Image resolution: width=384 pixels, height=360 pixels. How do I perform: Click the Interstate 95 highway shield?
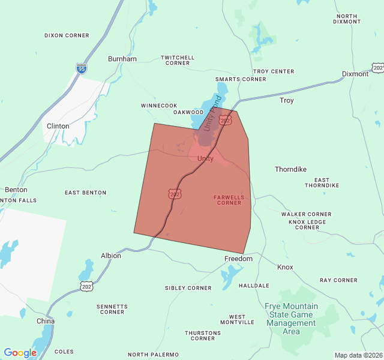click(81, 68)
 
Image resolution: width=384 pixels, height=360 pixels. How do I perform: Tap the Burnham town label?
click(122, 59)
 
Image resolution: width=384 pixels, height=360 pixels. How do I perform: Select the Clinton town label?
click(58, 126)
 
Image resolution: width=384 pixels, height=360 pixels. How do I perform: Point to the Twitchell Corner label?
click(178, 60)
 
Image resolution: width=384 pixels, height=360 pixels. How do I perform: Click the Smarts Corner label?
click(241, 79)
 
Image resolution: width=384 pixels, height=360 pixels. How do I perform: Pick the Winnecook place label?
click(159, 105)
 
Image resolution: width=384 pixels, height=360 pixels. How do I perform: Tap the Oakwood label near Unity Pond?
click(188, 112)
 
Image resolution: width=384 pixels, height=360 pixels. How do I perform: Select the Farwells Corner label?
click(227, 200)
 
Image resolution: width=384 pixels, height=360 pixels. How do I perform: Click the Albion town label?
click(111, 256)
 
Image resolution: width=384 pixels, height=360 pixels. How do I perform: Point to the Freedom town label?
click(239, 259)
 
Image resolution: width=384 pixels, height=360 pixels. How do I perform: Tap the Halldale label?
click(254, 286)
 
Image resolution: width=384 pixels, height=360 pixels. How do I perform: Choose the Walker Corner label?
click(306, 214)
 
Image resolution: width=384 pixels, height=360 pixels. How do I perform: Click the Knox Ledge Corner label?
click(307, 224)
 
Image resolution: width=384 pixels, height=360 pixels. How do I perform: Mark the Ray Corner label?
click(338, 280)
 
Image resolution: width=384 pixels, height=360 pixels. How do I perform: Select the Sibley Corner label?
click(188, 288)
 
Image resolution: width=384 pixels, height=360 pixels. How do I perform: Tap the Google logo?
click(20, 353)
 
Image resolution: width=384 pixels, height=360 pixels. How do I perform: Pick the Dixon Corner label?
click(67, 35)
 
